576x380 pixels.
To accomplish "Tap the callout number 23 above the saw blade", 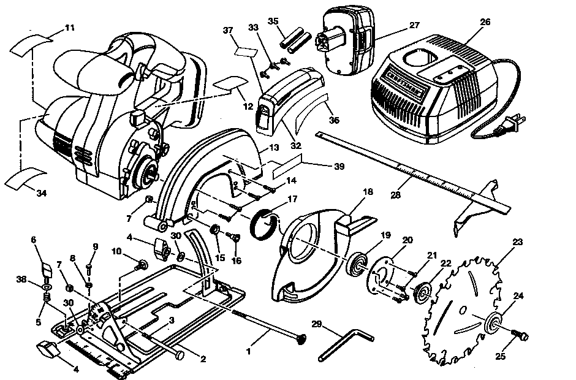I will (517, 242).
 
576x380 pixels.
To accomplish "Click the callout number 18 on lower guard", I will (367, 192).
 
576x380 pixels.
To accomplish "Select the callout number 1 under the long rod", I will (248, 352).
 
